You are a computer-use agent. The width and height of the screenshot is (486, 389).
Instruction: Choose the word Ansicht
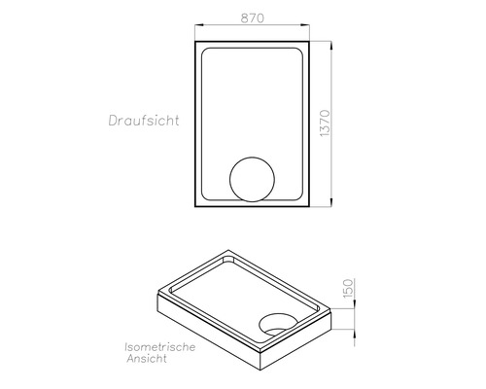point(148,360)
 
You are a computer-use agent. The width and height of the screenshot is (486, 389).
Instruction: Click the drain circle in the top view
point(253,181)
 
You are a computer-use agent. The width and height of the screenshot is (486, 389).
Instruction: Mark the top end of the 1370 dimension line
point(332,42)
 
